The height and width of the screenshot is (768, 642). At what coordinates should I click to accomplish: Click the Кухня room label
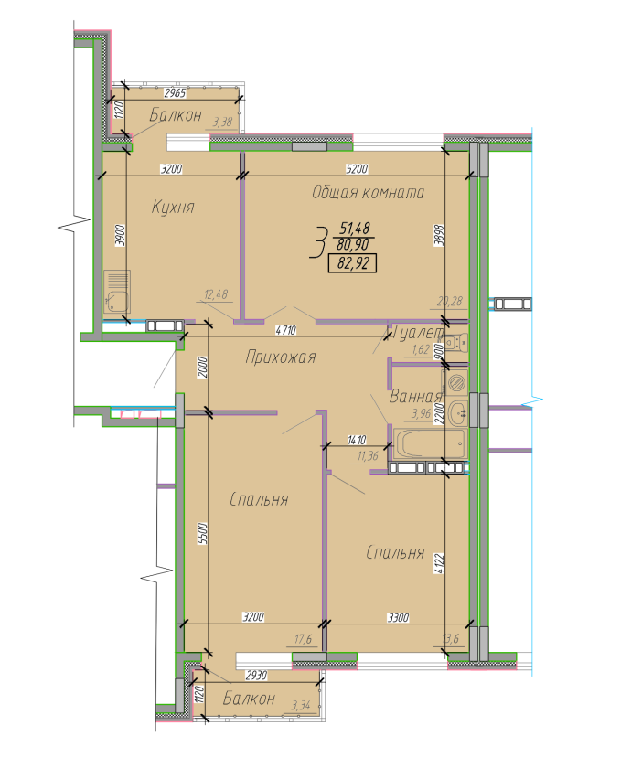point(173,208)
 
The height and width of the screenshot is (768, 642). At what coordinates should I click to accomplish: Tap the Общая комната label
point(368,193)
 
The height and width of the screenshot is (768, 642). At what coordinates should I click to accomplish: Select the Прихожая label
point(280,357)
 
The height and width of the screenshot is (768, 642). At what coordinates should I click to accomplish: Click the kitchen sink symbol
point(116,292)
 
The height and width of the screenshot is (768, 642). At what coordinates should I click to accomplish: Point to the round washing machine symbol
point(456,383)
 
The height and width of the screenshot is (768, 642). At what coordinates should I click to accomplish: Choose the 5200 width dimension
point(356,169)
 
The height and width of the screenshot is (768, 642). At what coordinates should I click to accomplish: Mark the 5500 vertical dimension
point(203,533)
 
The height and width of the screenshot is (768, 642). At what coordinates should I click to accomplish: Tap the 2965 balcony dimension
point(175,93)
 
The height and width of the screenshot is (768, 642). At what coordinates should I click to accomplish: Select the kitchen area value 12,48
point(218,294)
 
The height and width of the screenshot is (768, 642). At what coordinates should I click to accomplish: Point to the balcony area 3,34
point(300,705)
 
